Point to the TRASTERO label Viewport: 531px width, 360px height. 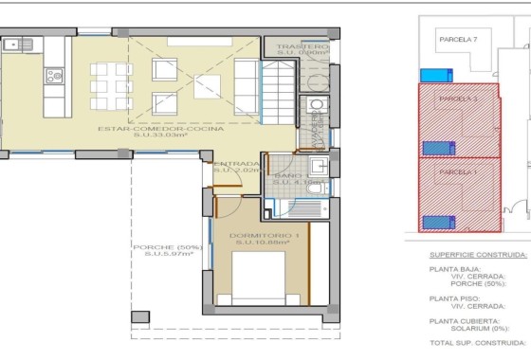[302, 46]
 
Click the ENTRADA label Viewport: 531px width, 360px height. [236, 164]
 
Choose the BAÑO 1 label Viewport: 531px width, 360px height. [288, 175]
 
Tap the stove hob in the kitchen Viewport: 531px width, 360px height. [54, 76]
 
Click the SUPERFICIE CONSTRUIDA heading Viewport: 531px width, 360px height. [477, 255]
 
